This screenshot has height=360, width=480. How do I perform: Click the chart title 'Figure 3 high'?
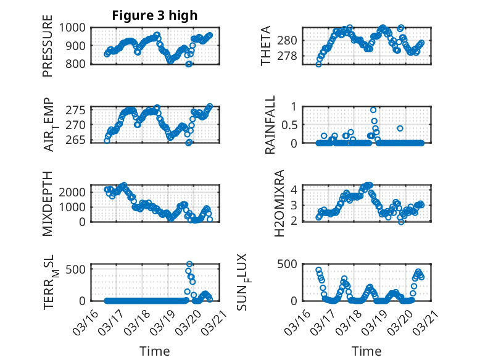pos(154,15)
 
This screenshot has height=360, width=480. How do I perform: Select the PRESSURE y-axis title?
pos(48,51)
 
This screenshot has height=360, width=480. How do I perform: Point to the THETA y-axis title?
pos(266,46)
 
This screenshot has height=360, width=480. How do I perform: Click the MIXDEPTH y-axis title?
pos(48,203)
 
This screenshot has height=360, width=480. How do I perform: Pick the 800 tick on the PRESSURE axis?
pos(78,64)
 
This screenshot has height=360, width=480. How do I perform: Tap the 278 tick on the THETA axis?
pos(290,56)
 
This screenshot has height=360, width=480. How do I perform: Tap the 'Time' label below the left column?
pos(154,351)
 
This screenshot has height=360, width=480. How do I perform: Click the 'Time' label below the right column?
pos(366,351)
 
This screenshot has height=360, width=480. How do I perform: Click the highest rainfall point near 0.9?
pos(373,110)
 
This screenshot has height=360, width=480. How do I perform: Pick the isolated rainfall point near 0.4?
pos(400,128)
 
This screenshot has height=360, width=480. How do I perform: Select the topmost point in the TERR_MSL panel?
pos(189,264)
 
